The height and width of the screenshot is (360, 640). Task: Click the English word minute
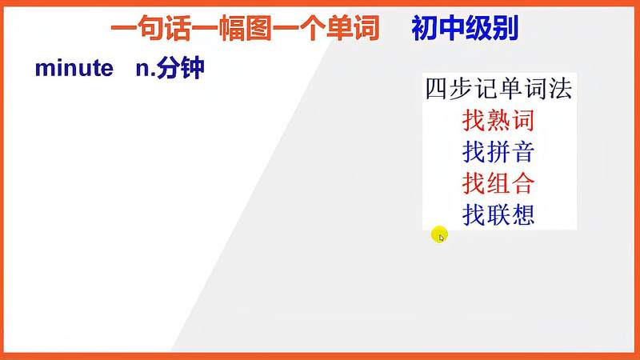(x=74, y=69)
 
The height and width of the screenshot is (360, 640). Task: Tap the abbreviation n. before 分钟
(x=144, y=69)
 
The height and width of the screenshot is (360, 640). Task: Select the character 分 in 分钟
(x=169, y=69)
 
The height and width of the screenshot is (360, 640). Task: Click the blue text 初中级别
(x=465, y=30)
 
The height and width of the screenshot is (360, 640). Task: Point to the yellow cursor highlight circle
(x=439, y=234)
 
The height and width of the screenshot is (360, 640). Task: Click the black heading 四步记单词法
(x=498, y=90)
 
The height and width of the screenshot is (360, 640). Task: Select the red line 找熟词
(x=498, y=121)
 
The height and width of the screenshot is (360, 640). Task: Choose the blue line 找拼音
(x=498, y=152)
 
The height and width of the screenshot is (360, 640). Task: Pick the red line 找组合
(x=498, y=183)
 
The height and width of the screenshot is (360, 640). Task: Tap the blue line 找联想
(x=498, y=214)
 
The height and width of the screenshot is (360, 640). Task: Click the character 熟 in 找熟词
(x=498, y=121)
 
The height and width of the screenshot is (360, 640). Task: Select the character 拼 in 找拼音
(x=498, y=152)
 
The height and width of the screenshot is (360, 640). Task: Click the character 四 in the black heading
(x=436, y=90)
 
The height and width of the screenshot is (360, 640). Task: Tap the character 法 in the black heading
(x=561, y=90)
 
